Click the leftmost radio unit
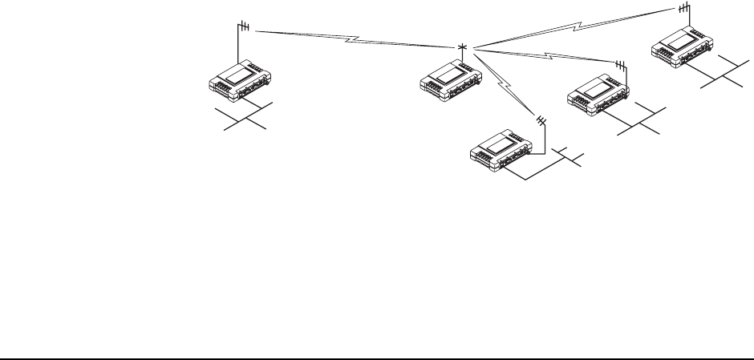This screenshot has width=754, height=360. [x=241, y=81]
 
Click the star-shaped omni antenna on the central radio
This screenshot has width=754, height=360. [x=462, y=48]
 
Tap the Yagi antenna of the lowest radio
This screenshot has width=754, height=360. [x=541, y=120]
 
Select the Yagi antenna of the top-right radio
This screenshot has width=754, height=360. [x=683, y=8]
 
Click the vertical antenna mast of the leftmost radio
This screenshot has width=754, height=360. [x=238, y=44]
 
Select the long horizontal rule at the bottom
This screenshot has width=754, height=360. [x=377, y=350]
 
